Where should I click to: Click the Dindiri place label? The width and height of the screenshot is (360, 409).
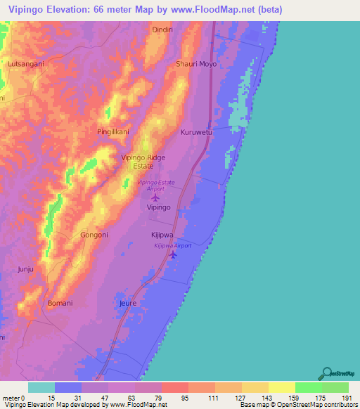[x=165, y=30]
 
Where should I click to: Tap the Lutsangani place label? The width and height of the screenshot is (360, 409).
[x=26, y=64]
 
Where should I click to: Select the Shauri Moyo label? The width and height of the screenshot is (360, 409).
[x=195, y=64]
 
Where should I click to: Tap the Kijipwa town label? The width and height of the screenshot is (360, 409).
[x=162, y=235]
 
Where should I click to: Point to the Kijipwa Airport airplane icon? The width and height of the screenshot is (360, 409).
[x=174, y=255]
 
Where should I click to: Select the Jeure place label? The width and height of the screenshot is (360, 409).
[x=128, y=304]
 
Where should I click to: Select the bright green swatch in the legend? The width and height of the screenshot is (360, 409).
[x=308, y=387]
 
